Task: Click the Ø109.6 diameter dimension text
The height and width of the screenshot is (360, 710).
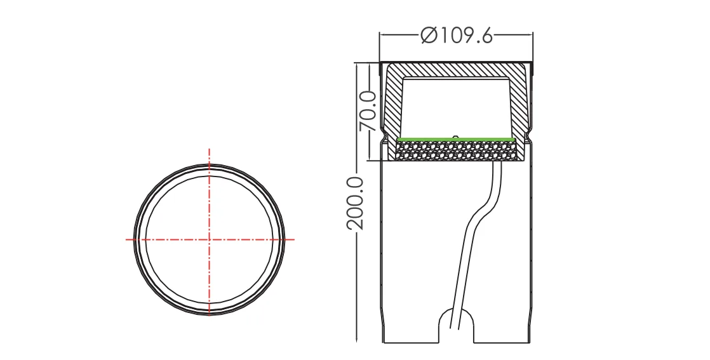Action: [456, 36]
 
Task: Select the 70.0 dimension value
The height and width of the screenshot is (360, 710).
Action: [368, 110]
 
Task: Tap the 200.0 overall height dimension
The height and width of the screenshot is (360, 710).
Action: [356, 203]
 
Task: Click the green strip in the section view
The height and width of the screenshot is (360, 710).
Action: [456, 138]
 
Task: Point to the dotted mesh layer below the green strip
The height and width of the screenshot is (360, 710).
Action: [456, 150]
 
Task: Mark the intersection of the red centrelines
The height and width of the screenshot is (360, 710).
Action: [209, 239]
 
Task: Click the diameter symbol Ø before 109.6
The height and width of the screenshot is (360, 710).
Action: [429, 36]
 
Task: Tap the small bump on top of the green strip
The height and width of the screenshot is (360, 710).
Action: [456, 135]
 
